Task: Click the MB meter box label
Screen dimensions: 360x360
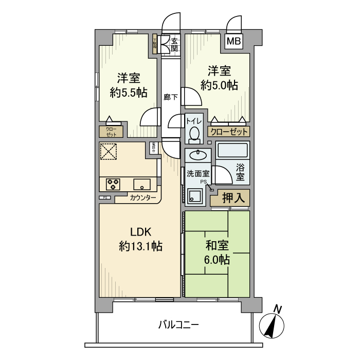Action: (x=234, y=42)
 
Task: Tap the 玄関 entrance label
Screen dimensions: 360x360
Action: (x=174, y=45)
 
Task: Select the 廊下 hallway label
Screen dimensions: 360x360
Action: (x=170, y=96)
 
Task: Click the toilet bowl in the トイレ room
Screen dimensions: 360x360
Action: (x=194, y=134)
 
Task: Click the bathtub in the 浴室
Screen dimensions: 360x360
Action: (x=233, y=151)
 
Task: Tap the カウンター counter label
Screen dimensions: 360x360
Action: (x=143, y=197)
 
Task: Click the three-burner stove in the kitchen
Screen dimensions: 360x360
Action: (x=113, y=183)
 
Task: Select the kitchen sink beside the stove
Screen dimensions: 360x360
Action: (x=141, y=183)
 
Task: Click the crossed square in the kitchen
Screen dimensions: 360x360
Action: (x=109, y=152)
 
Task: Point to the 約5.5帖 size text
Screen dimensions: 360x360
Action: (x=128, y=93)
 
